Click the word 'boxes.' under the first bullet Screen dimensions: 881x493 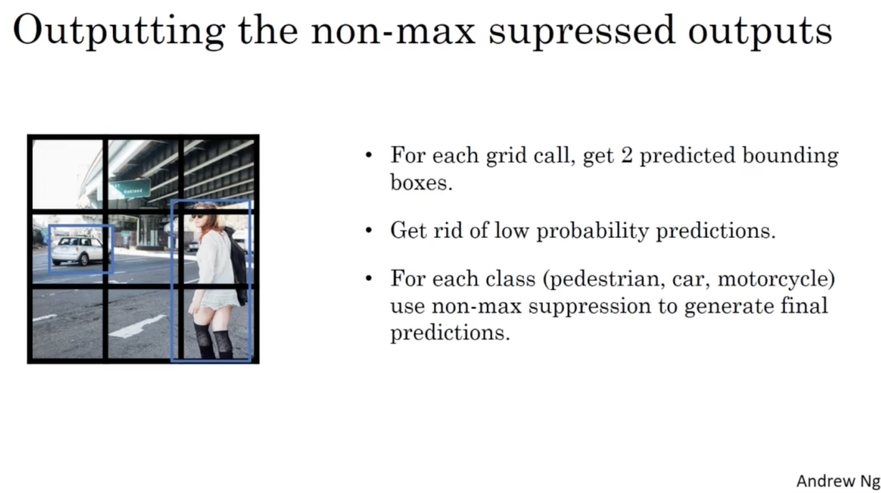pos(421,182)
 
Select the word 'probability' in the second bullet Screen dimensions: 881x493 pos(592,231)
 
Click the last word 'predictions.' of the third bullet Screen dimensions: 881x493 pos(450,333)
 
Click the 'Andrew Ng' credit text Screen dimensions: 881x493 pos(838,481)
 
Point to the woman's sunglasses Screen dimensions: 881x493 pos(197,216)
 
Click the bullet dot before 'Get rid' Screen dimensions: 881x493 pos(369,230)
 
